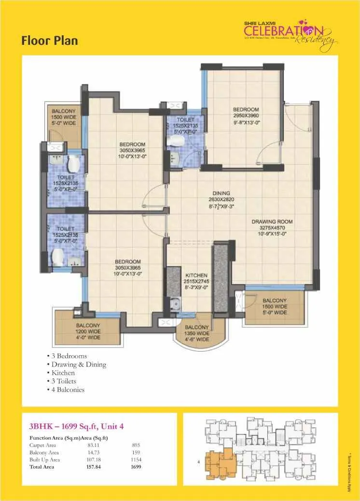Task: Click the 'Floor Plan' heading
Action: pyautogui.click(x=49, y=41)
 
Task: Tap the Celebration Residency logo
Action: pyautogui.click(x=289, y=34)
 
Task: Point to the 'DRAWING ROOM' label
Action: pyautogui.click(x=272, y=222)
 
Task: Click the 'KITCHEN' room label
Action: pyautogui.click(x=196, y=275)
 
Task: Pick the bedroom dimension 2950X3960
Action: pyautogui.click(x=246, y=116)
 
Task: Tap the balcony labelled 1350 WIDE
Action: pyautogui.click(x=197, y=333)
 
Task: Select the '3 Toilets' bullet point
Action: pyautogui.click(x=64, y=381)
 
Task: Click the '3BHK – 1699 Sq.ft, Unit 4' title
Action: pyautogui.click(x=78, y=426)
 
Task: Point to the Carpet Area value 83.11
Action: pyautogui.click(x=87, y=445)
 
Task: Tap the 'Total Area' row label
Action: pyautogui.click(x=42, y=467)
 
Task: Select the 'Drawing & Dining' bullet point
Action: pyautogui.click(x=79, y=365)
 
